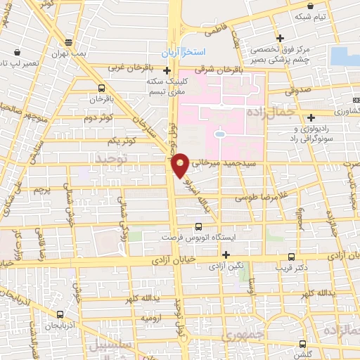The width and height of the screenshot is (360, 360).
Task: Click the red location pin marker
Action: coord(180,165)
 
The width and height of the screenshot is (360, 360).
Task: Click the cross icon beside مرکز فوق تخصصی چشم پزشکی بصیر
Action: coord(281,38)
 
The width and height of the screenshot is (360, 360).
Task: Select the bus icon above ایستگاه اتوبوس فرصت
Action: coord(198,226)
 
